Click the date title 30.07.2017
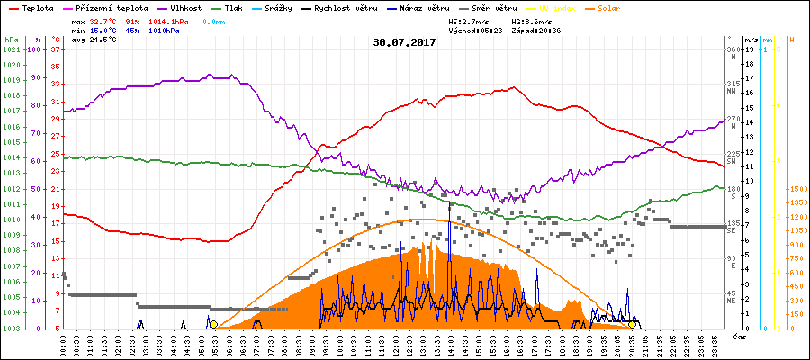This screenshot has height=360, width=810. click(404, 42)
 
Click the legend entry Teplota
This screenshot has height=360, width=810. click(38, 8)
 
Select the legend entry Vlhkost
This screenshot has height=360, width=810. click(185, 8)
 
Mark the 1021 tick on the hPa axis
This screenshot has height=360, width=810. click(11, 49)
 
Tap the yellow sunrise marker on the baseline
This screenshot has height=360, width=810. click(213, 324)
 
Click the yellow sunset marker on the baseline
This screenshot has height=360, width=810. click(634, 324)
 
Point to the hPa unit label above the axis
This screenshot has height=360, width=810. click(11, 40)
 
